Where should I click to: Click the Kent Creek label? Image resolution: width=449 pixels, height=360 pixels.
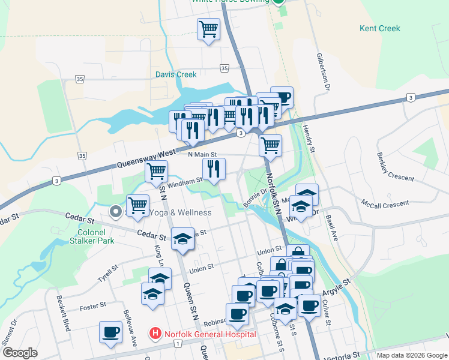click(379, 28)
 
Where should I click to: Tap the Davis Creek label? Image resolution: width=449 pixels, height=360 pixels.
click(176, 75)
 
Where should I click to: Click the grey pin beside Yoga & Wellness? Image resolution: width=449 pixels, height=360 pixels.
click(115, 211)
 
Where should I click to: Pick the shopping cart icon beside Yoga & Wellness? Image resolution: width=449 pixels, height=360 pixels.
click(138, 205)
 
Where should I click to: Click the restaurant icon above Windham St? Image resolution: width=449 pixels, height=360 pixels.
click(214, 170)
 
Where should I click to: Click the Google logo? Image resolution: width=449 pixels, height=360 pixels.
click(20, 353)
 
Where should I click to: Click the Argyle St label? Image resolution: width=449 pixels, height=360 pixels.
click(337, 286)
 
